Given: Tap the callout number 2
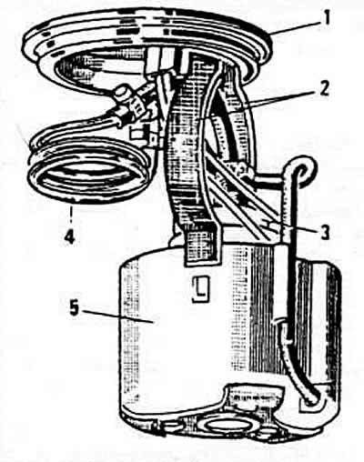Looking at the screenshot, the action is click(324, 88).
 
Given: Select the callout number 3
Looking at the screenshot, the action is click(324, 232).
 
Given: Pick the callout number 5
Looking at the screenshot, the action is click(75, 308).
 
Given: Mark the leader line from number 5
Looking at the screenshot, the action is click(118, 316).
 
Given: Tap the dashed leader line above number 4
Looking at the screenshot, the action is click(72, 211).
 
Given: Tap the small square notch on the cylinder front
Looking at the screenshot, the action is click(201, 288).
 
